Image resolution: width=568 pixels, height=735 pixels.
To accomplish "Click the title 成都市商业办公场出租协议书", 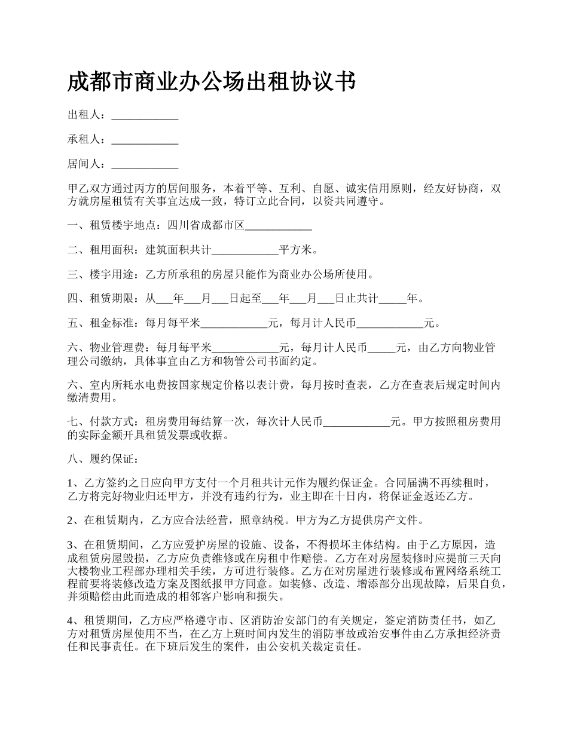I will [x=212, y=82].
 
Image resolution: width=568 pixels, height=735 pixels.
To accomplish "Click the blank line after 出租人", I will [x=145, y=115].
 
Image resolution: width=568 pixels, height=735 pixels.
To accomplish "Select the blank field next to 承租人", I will [x=145, y=140].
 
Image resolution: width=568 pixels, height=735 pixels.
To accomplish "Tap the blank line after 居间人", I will [x=145, y=165].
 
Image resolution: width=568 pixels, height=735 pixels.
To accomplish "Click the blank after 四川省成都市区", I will [x=279, y=226].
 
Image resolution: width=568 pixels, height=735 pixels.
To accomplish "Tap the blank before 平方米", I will [x=246, y=250].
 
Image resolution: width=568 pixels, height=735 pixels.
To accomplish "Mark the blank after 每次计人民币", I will [x=356, y=422].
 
